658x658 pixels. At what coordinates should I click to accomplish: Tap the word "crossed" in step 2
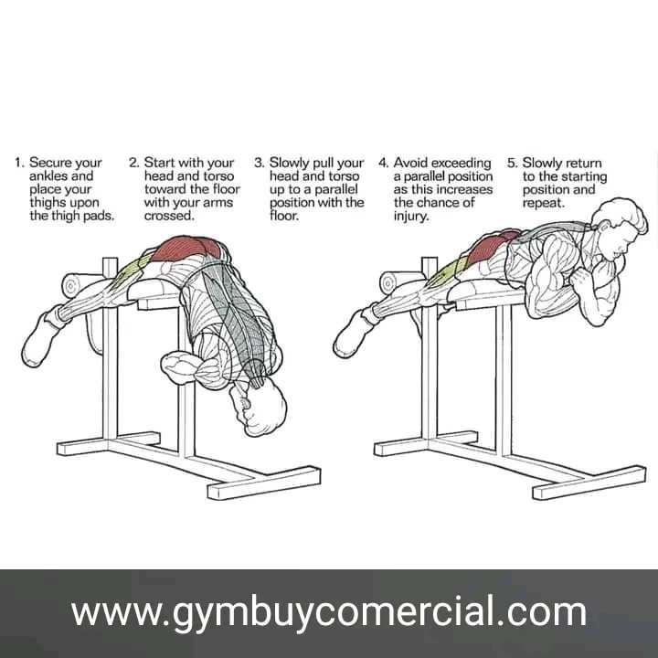(168, 216)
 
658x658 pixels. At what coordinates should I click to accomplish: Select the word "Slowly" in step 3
(290, 163)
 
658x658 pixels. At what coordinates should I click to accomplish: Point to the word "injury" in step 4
(410, 217)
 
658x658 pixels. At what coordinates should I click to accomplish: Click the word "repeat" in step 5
(542, 203)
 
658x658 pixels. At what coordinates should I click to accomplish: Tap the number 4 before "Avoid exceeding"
(383, 163)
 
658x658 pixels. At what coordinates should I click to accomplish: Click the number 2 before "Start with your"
(133, 163)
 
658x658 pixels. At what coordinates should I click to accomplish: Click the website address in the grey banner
(329, 612)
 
